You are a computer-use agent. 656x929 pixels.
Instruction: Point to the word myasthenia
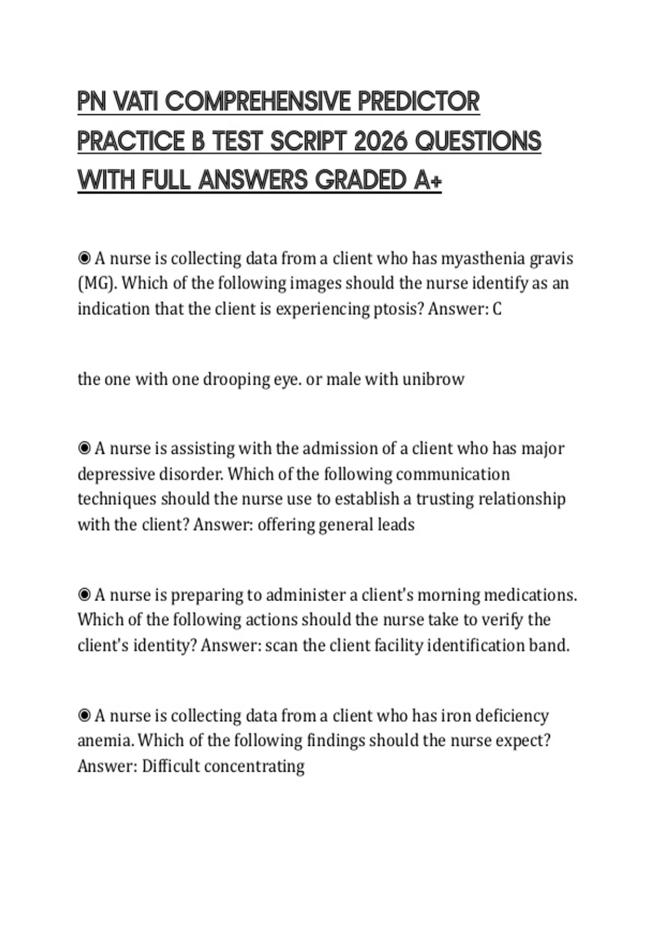click(x=483, y=258)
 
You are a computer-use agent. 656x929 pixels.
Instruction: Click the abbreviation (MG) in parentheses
click(x=97, y=284)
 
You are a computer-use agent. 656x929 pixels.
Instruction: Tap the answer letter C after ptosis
click(x=496, y=309)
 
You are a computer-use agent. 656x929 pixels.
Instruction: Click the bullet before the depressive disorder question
click(x=84, y=449)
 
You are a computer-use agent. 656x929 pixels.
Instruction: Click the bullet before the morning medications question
click(x=84, y=595)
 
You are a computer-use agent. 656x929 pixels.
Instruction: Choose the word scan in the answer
click(x=281, y=646)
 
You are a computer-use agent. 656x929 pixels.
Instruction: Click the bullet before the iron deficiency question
click(x=84, y=715)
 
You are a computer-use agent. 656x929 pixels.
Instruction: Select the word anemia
click(x=105, y=741)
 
